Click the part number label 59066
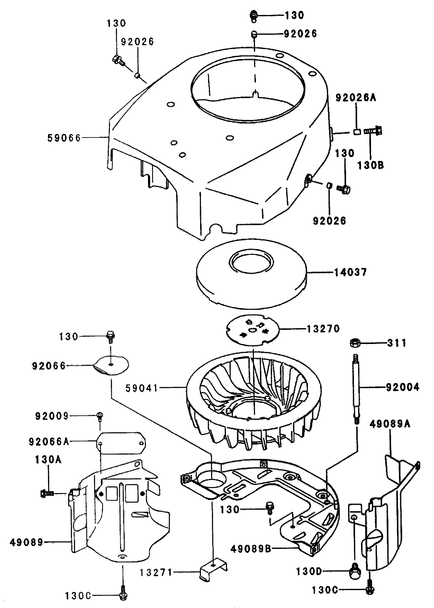[x=63, y=138]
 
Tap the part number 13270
[x=323, y=329]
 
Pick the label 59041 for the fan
[x=142, y=388]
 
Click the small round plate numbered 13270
[x=254, y=327]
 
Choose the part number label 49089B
[x=251, y=549]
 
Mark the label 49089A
[x=390, y=424]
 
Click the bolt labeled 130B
[x=374, y=130]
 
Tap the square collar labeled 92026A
[x=357, y=132]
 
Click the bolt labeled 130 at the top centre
[x=253, y=16]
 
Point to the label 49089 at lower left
[x=27, y=542]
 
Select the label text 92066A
[x=49, y=441]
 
